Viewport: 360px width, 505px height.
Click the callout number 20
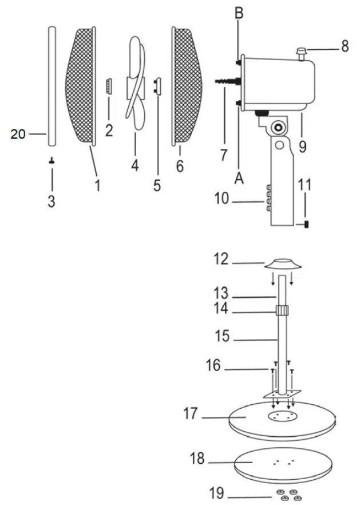(18, 135)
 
